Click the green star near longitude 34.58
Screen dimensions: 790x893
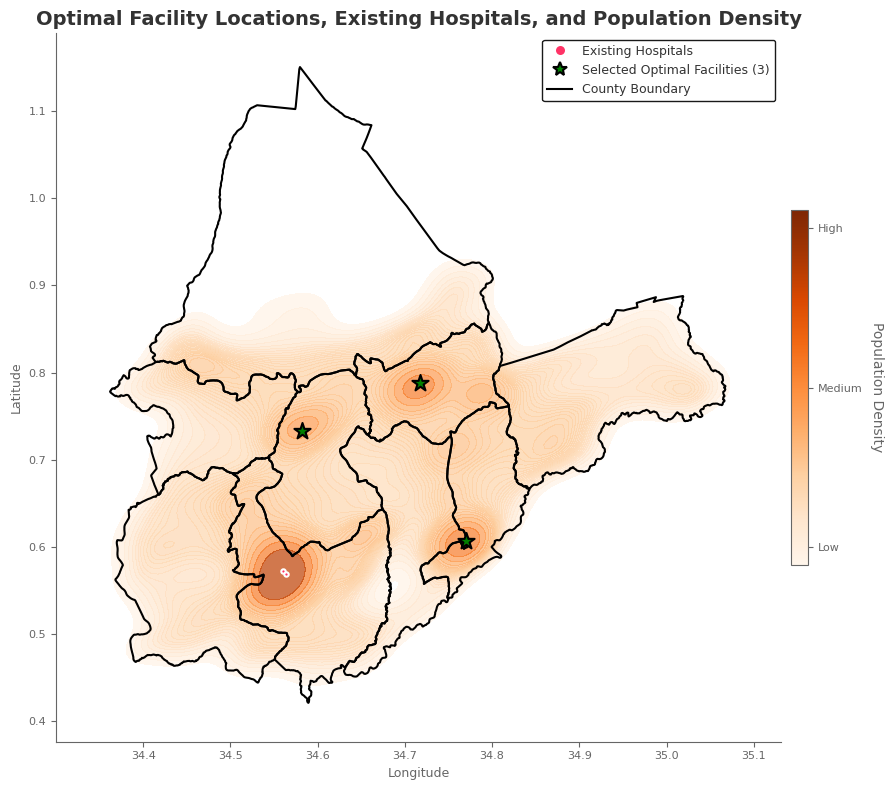[x=302, y=431]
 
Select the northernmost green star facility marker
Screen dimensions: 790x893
[x=420, y=383]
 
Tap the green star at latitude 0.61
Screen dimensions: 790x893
[x=466, y=541]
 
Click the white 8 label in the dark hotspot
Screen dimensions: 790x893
[x=284, y=573]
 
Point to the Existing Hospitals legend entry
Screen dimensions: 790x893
[x=636, y=51]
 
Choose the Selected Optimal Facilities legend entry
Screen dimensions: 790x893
[x=675, y=70]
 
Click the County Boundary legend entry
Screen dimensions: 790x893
[x=635, y=89]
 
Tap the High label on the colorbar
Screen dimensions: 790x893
[x=830, y=229]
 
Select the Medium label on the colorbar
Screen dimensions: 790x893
[x=839, y=388]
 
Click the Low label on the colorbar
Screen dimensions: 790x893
[x=828, y=547]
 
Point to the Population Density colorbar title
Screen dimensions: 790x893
[x=877, y=387]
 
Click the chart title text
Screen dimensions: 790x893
[x=418, y=19]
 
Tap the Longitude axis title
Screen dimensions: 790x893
[x=418, y=773]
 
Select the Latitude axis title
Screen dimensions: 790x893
[x=16, y=388]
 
